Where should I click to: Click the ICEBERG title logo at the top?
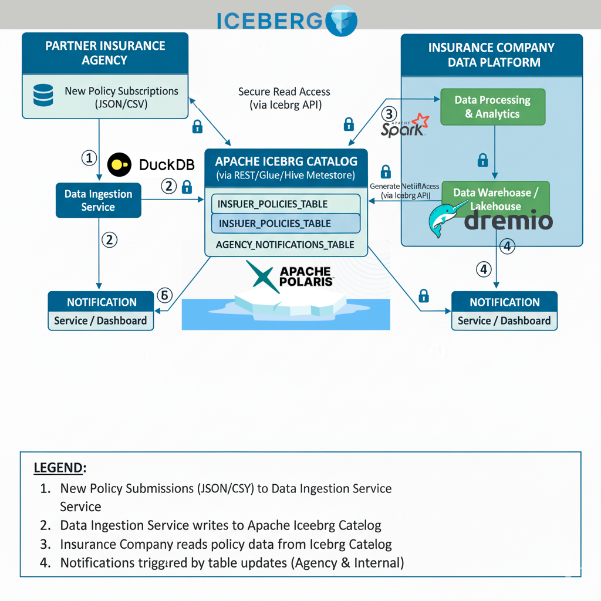point(287,19)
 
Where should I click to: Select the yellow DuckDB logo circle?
point(120,164)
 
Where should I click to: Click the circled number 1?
point(88,157)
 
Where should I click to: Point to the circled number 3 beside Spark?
point(389,114)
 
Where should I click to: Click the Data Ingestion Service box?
point(98,200)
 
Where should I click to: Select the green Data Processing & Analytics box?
point(492,107)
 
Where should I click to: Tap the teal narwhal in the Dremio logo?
point(445,220)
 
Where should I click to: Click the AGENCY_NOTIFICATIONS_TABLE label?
point(285,244)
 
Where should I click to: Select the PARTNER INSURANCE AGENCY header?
point(105,53)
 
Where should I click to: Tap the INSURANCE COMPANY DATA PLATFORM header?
point(491,55)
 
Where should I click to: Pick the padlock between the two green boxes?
point(482,160)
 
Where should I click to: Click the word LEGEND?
point(59,468)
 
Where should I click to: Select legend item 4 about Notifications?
point(232,563)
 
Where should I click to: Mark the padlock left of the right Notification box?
point(423,296)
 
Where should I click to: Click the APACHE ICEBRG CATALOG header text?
point(286,161)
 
